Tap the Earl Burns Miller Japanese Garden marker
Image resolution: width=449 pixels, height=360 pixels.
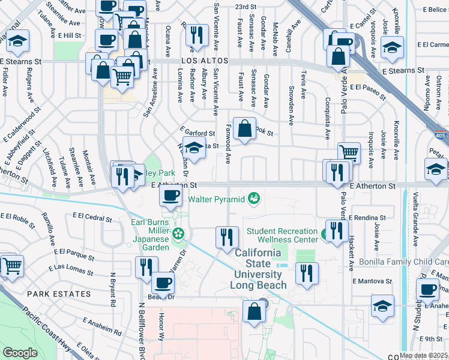(x=178, y=233)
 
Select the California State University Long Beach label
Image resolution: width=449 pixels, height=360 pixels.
(x=258, y=269)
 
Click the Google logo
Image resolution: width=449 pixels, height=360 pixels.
(x=20, y=353)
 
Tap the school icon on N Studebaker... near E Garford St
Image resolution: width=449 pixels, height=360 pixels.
(x=194, y=148)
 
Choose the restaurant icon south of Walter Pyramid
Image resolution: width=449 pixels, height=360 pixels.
(x=226, y=236)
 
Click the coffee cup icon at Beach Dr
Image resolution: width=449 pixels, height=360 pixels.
(x=163, y=283)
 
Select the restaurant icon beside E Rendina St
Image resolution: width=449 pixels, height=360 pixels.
(x=336, y=230)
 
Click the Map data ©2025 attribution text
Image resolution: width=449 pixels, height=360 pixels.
(x=423, y=355)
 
